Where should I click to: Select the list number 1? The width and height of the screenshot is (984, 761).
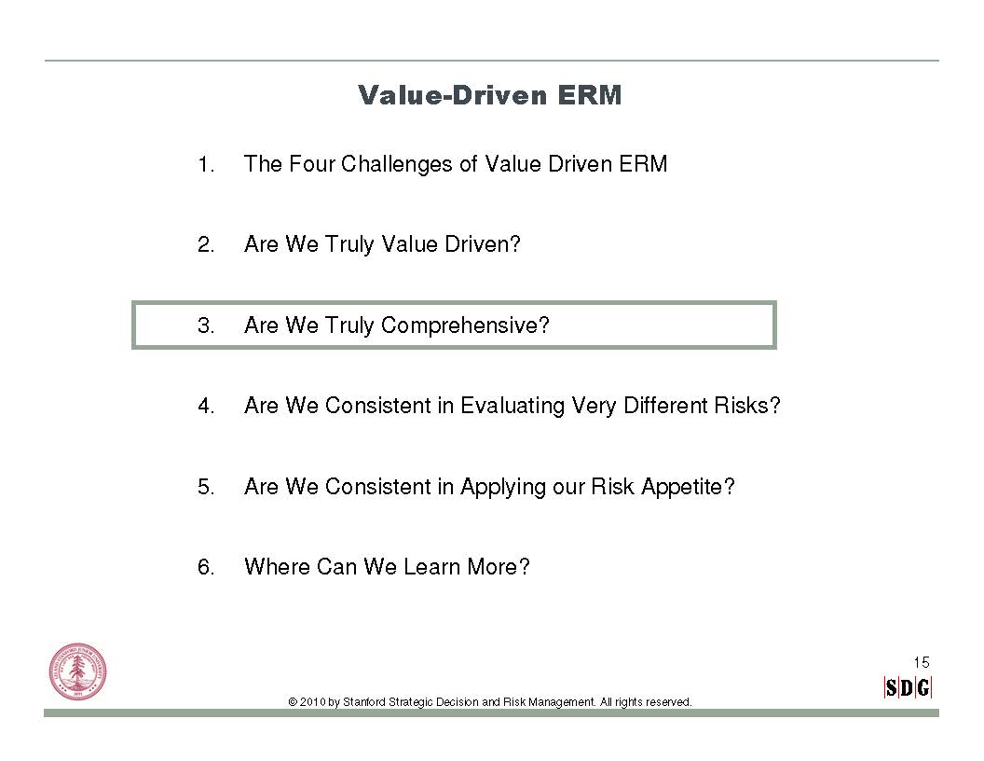pos(206,164)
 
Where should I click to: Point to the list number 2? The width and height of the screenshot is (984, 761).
pos(206,245)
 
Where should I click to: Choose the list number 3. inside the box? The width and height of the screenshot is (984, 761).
pos(206,325)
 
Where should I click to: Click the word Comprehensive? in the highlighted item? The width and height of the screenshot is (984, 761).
pos(465,325)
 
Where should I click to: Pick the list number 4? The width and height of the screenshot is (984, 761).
pos(206,407)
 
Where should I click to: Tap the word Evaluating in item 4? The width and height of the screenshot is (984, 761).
pos(512,407)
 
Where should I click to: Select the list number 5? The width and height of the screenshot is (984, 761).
pos(206,487)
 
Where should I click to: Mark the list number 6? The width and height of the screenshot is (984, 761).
pos(206,568)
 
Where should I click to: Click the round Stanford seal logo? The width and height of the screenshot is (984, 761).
pos(78,671)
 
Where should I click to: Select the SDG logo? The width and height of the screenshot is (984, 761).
pos(908,688)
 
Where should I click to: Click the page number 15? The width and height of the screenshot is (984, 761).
pos(922,662)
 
